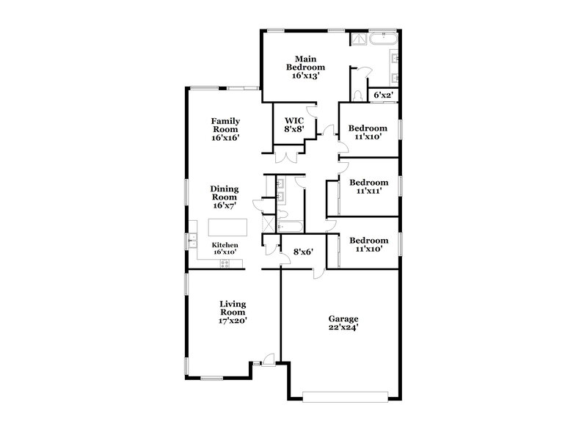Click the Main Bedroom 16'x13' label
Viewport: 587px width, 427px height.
point(305,66)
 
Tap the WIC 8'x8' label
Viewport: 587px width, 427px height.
point(294,124)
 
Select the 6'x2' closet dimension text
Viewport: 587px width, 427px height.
point(384,95)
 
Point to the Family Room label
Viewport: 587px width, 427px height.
point(226,128)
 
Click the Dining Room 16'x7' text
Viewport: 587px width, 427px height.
point(225,197)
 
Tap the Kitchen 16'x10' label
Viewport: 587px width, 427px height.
point(225,248)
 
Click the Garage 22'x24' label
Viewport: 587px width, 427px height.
point(343,324)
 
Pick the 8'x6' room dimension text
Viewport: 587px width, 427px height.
point(303,251)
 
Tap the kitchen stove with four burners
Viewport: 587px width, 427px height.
point(225,263)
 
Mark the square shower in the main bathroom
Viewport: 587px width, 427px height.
point(359,39)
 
